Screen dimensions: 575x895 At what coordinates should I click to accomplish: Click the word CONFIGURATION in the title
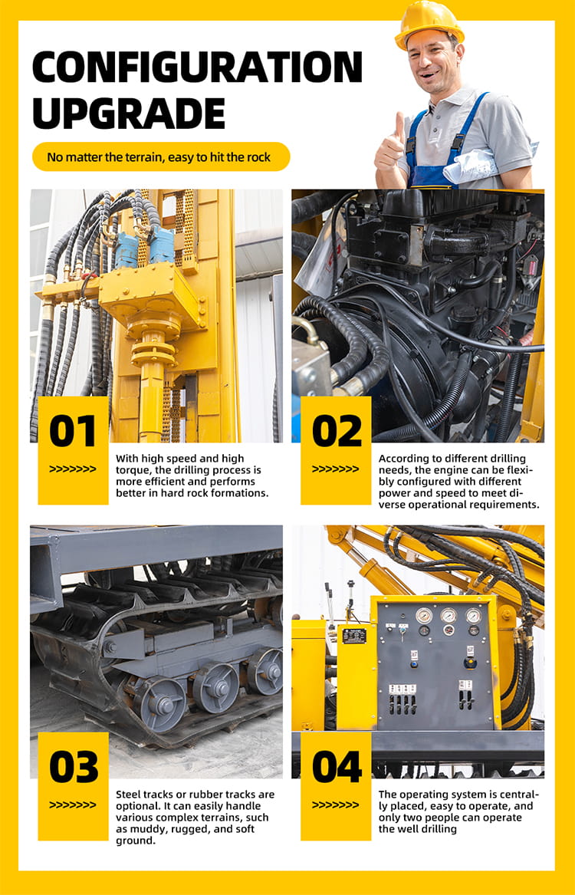[197, 67]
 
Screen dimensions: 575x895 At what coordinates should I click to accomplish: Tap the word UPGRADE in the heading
[129, 113]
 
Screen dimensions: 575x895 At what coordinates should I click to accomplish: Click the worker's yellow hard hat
[429, 24]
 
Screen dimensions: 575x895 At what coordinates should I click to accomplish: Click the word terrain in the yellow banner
[135, 157]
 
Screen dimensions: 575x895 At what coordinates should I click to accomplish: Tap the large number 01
[72, 431]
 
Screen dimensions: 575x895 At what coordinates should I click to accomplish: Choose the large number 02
[337, 431]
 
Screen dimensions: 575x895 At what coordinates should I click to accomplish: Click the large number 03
[74, 767]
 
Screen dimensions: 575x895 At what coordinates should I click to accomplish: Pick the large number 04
[337, 767]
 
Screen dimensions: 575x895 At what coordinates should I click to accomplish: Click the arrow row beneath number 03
[72, 805]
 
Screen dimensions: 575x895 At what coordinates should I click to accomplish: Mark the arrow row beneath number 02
[336, 469]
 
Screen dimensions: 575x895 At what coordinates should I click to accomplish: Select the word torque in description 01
[132, 470]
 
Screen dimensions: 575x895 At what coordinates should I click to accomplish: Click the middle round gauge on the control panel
[449, 615]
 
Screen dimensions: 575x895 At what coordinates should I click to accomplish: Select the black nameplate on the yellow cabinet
[354, 636]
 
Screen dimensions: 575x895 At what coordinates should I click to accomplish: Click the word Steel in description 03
[128, 795]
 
